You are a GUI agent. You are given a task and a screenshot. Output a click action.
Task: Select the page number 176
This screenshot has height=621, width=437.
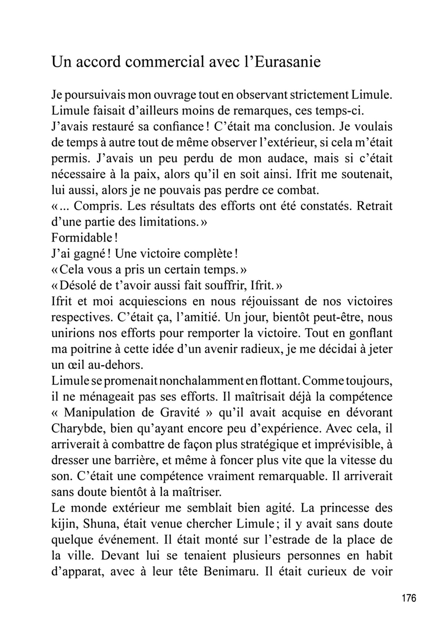coord(408,598)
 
